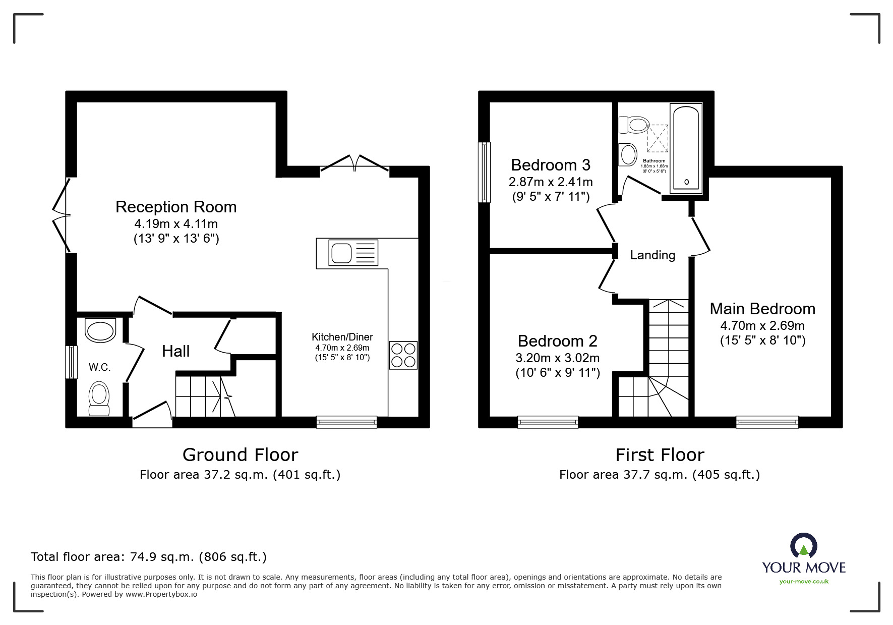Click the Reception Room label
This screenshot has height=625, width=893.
pyautogui.click(x=176, y=207)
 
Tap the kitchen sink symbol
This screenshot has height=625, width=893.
pyautogui.click(x=352, y=253)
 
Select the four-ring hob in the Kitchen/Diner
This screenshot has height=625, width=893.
pyautogui.click(x=403, y=355)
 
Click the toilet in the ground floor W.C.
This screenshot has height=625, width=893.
pyautogui.click(x=99, y=399)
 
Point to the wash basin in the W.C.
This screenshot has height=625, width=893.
pyautogui.click(x=100, y=331)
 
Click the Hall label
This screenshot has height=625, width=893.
pyautogui.click(x=175, y=351)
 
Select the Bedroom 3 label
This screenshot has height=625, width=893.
pyautogui.click(x=551, y=165)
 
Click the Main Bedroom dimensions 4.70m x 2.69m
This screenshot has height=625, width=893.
pyautogui.click(x=762, y=326)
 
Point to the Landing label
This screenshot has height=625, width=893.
pyautogui.click(x=652, y=255)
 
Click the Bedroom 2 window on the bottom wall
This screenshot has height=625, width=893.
pyautogui.click(x=548, y=422)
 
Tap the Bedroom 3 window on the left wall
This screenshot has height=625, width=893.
pyautogui.click(x=485, y=172)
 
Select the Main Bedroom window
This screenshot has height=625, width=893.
pyautogui.click(x=767, y=422)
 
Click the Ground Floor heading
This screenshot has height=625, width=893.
pyautogui.click(x=240, y=455)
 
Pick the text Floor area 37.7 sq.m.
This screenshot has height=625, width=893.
pyautogui.click(x=623, y=475)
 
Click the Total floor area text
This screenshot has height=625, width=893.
pyautogui.click(x=149, y=557)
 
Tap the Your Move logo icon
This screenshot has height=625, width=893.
pyautogui.click(x=803, y=546)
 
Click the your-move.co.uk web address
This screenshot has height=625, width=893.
pyautogui.click(x=804, y=582)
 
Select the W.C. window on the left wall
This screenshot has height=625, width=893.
pyautogui.click(x=72, y=362)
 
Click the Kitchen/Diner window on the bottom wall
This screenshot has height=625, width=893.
pyautogui.click(x=346, y=422)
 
